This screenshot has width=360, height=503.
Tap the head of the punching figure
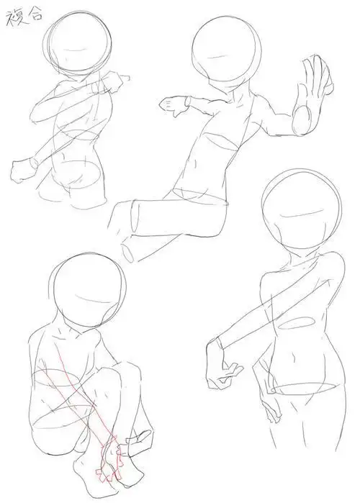click(78, 43)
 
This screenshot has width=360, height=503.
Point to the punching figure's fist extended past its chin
click(115, 81)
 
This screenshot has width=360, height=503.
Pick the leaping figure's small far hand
click(174, 104)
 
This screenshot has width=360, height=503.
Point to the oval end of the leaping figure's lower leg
click(127, 253)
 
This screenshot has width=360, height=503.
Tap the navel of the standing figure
click(294, 356)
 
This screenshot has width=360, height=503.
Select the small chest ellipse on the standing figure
click(295, 323)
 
